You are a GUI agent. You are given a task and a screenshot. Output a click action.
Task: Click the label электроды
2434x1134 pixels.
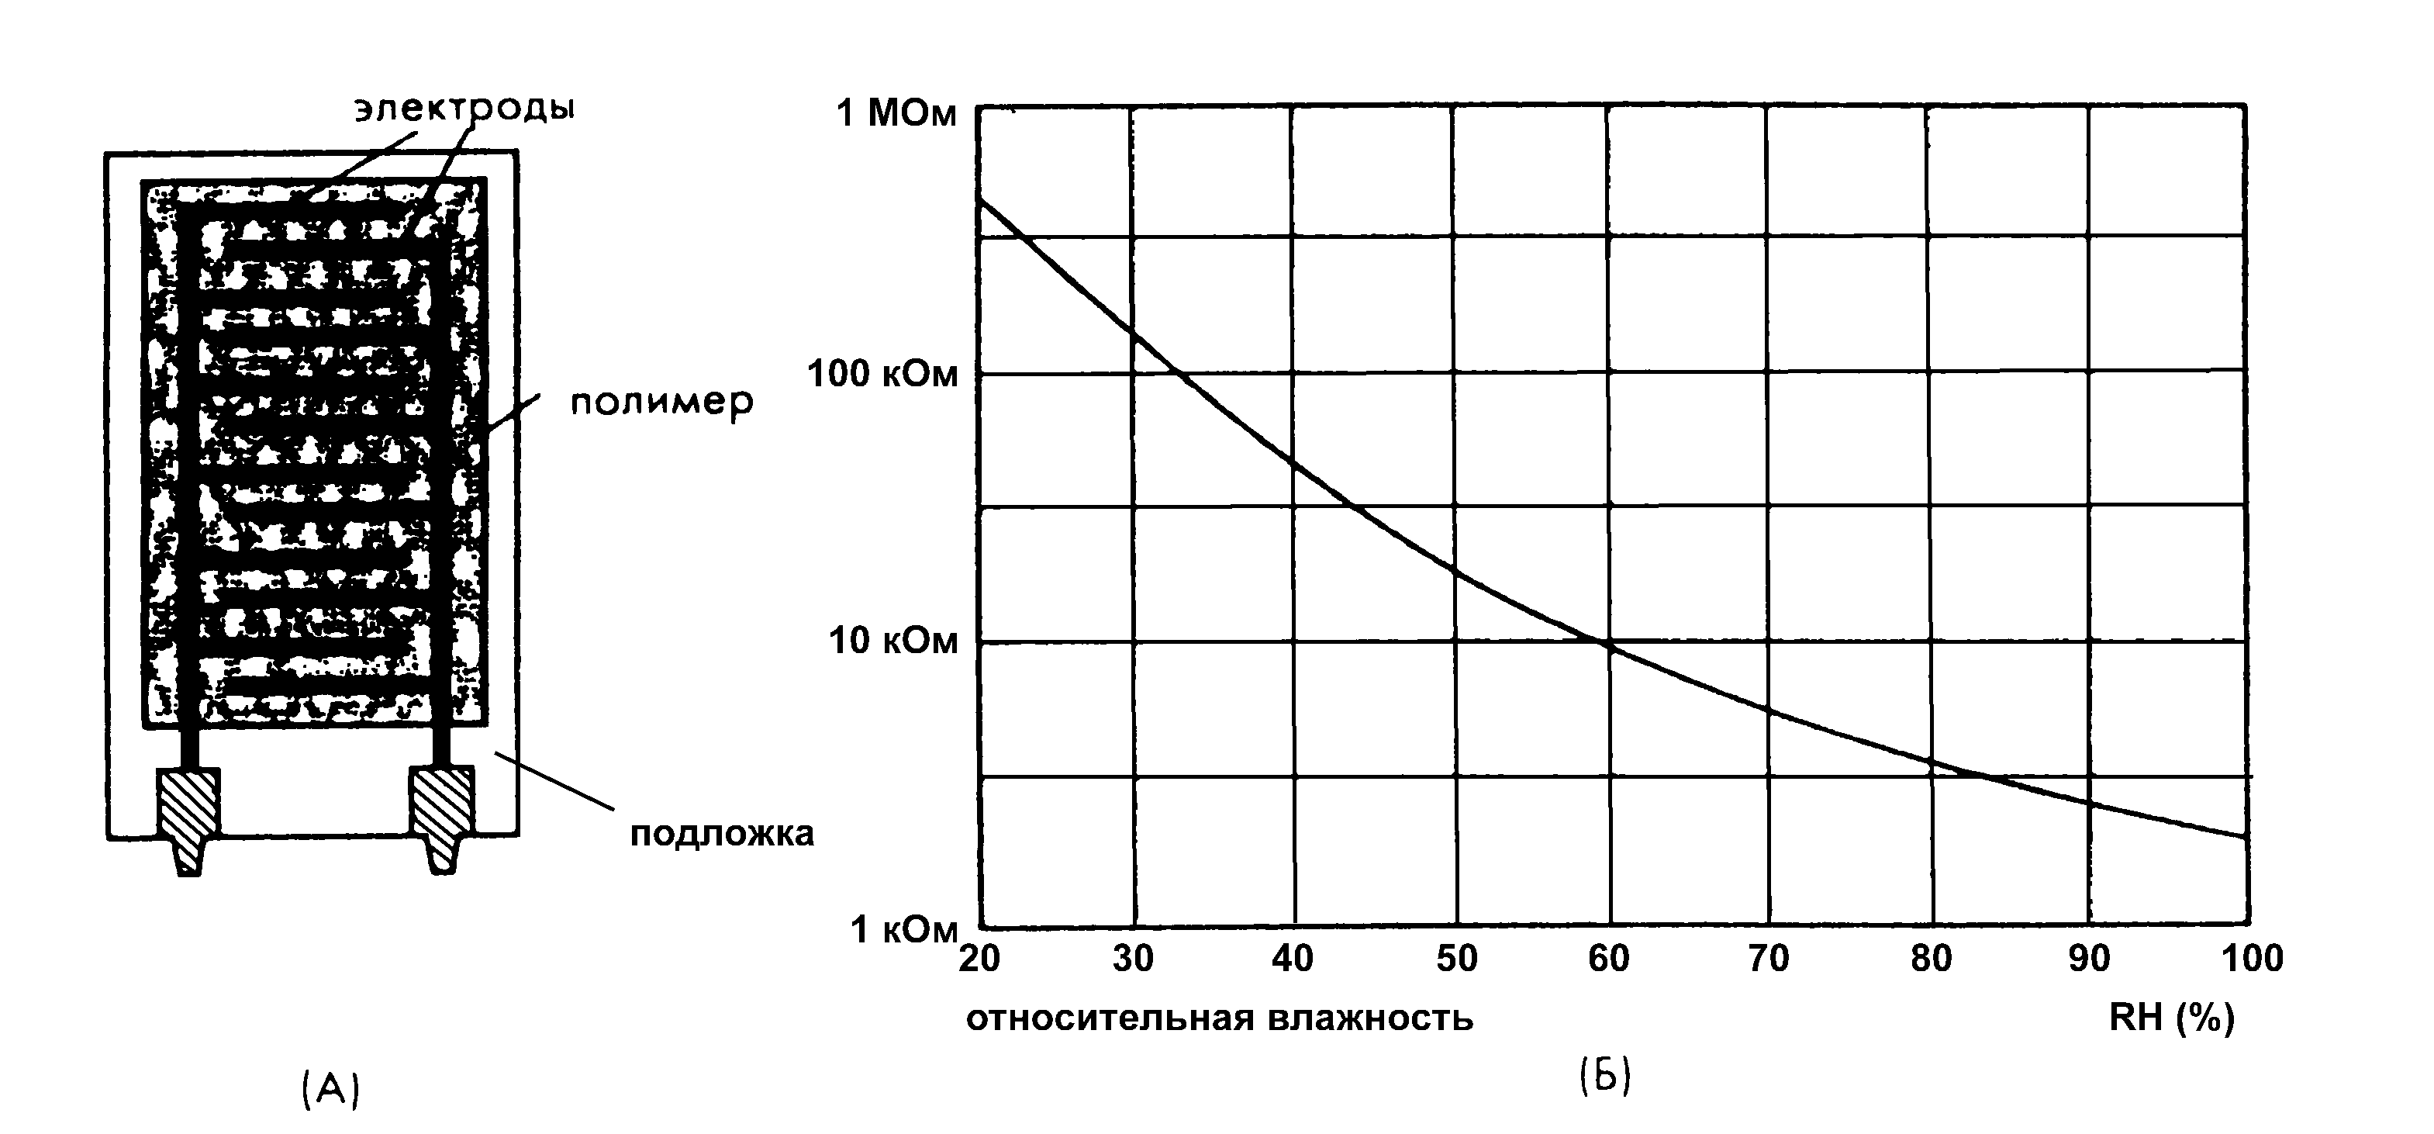click(x=464, y=108)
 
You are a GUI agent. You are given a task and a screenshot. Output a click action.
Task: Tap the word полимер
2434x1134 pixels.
click(x=661, y=403)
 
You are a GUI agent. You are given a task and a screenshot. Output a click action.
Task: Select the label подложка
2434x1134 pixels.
click(x=722, y=835)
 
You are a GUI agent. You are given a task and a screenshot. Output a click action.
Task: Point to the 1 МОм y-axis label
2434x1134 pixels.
click(x=896, y=113)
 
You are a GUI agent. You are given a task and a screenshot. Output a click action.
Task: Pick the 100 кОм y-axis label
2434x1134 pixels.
click(x=882, y=374)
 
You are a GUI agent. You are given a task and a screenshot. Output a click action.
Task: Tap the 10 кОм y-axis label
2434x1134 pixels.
click(x=893, y=641)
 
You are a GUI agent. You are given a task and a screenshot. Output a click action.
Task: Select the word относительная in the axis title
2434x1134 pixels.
click(x=1110, y=1018)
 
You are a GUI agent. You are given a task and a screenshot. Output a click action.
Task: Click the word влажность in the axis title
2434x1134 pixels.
click(x=1370, y=1018)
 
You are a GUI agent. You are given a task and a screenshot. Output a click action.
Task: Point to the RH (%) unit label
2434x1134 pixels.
click(x=2171, y=1018)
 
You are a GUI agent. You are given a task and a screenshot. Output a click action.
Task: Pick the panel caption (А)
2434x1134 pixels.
click(x=330, y=1090)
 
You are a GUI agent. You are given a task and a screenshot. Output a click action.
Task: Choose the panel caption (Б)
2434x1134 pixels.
click(x=1605, y=1077)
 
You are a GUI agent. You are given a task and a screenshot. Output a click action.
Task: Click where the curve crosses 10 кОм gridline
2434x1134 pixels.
click(x=1604, y=642)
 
